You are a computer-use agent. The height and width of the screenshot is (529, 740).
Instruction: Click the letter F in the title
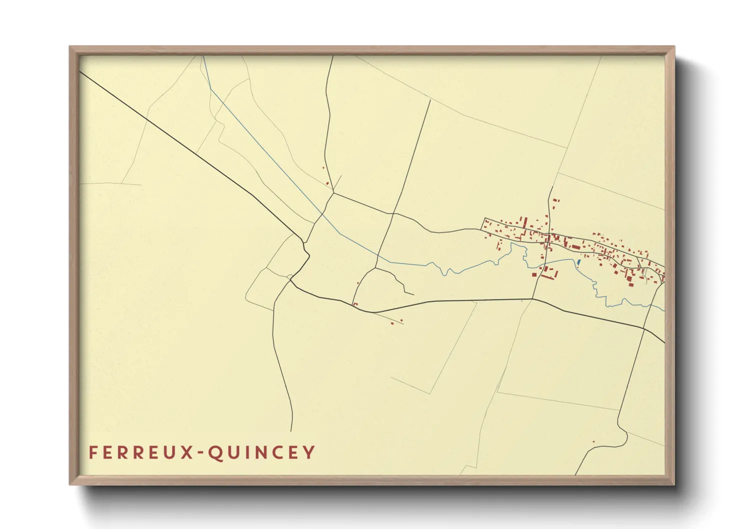(x=93, y=452)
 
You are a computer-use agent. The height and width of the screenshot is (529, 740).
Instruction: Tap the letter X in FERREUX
(x=187, y=452)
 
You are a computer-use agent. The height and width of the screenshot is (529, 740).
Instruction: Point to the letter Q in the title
(x=214, y=452)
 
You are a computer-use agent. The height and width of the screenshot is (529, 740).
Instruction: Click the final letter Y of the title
(x=309, y=452)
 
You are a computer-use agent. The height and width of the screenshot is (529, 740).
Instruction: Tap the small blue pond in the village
(x=578, y=261)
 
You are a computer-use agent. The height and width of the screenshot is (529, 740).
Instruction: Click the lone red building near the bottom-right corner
(x=593, y=441)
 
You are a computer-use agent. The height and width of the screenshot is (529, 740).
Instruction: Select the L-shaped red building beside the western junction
(x=355, y=304)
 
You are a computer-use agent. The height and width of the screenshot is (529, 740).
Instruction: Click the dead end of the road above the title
(x=291, y=431)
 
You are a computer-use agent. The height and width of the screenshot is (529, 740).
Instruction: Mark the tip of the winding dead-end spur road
(x=413, y=294)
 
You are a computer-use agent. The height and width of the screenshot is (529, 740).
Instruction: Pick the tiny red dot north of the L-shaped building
(x=358, y=283)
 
